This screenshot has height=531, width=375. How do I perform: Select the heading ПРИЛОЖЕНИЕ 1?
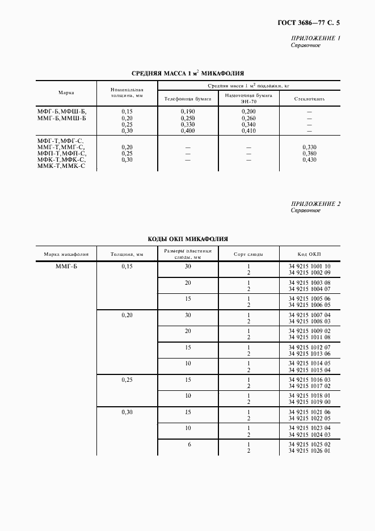tap(315, 38)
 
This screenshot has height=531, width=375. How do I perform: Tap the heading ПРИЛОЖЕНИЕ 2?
tap(315, 203)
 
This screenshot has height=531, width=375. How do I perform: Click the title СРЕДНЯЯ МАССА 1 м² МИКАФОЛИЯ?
tap(188, 73)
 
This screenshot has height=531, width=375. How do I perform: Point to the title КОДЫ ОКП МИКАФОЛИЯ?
tap(188, 239)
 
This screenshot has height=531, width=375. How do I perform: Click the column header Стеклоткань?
tap(309, 99)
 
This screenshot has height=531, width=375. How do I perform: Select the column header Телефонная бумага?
tap(188, 99)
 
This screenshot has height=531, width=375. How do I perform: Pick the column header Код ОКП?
tap(309, 254)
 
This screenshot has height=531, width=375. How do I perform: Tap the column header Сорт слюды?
tap(248, 254)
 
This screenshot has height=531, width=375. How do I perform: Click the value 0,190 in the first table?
tap(188, 112)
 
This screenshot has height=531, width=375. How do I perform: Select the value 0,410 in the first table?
tap(248, 130)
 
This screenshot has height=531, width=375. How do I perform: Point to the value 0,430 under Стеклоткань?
tap(309, 159)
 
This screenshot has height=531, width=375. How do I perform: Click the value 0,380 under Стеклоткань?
tap(309, 153)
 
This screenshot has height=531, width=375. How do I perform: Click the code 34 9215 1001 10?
tap(309, 266)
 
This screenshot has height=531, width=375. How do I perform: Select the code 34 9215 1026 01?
tap(309, 450)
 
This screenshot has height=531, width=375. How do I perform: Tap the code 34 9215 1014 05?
tap(309, 363)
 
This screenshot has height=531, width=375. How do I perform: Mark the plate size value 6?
tap(189, 444)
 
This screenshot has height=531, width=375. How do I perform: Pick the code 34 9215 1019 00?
tap(309, 402)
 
